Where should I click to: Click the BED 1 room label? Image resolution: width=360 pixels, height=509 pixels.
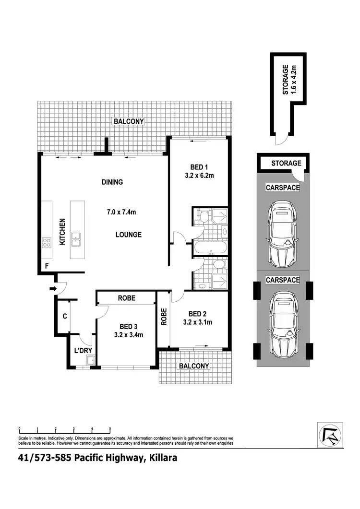click(197, 167)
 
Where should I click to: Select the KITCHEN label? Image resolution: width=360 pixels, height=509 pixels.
click(62, 232)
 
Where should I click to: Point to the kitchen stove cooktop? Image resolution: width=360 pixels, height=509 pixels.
click(47, 242)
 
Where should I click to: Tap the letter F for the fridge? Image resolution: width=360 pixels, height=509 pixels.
click(47, 265)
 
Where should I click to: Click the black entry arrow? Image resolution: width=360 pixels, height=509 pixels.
click(53, 289)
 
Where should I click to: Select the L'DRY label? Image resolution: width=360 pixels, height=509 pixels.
click(83, 351)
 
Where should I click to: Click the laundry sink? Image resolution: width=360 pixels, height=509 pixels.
click(90, 361)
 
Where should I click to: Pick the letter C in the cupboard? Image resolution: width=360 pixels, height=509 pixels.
click(64, 316)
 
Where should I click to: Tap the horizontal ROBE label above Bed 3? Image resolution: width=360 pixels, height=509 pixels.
click(127, 298)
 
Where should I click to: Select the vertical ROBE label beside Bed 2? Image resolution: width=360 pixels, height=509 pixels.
click(164, 317)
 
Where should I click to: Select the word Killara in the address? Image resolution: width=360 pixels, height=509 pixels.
click(161, 458)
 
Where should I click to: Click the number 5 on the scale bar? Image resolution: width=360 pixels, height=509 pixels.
click(110, 428)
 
